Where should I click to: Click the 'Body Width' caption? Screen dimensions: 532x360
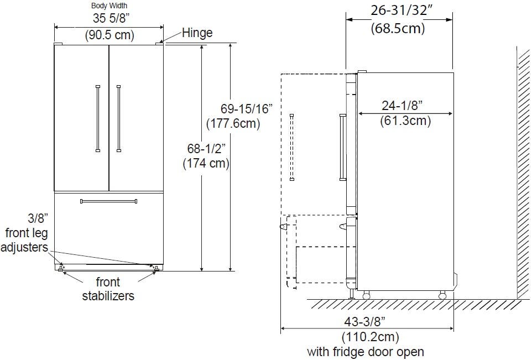tap(109, 6)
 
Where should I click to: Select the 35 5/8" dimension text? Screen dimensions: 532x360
tap(111, 18)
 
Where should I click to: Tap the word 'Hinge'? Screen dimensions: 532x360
tap(197, 33)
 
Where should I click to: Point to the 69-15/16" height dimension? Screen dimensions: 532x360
tap(247, 109)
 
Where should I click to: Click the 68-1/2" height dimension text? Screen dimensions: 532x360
tap(206, 149)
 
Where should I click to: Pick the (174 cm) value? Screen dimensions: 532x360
tap(206, 164)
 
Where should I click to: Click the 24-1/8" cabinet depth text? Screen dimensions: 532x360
tap(403, 106)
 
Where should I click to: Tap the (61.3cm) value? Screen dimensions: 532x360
tap(405, 121)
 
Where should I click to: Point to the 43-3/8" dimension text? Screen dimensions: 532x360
tap(365, 321)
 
